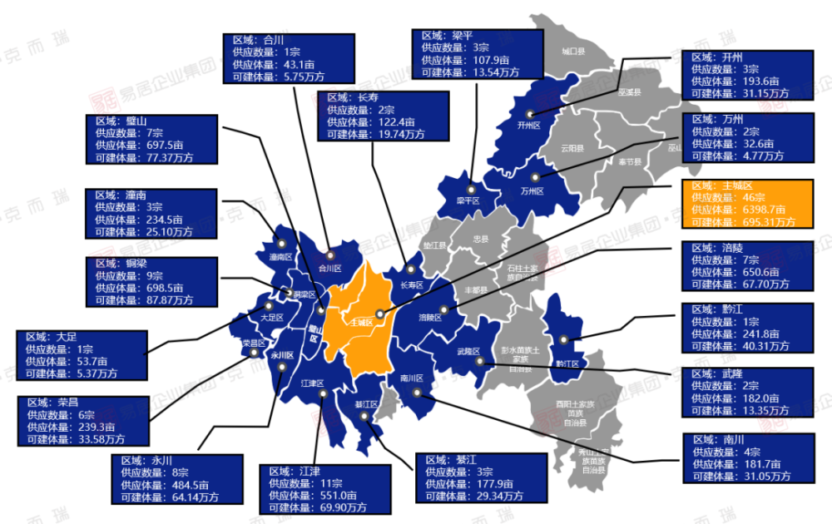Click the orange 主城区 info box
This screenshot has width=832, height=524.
745,204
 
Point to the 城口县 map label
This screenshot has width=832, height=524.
573,52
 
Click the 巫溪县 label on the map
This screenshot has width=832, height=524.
629,92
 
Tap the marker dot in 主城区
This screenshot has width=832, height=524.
379,314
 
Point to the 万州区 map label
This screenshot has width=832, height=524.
531,190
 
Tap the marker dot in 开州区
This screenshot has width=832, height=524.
530,114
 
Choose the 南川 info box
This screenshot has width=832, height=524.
745,457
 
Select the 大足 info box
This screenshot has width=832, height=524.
82,355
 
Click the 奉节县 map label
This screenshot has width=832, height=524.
629,162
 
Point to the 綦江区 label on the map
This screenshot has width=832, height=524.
367,404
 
